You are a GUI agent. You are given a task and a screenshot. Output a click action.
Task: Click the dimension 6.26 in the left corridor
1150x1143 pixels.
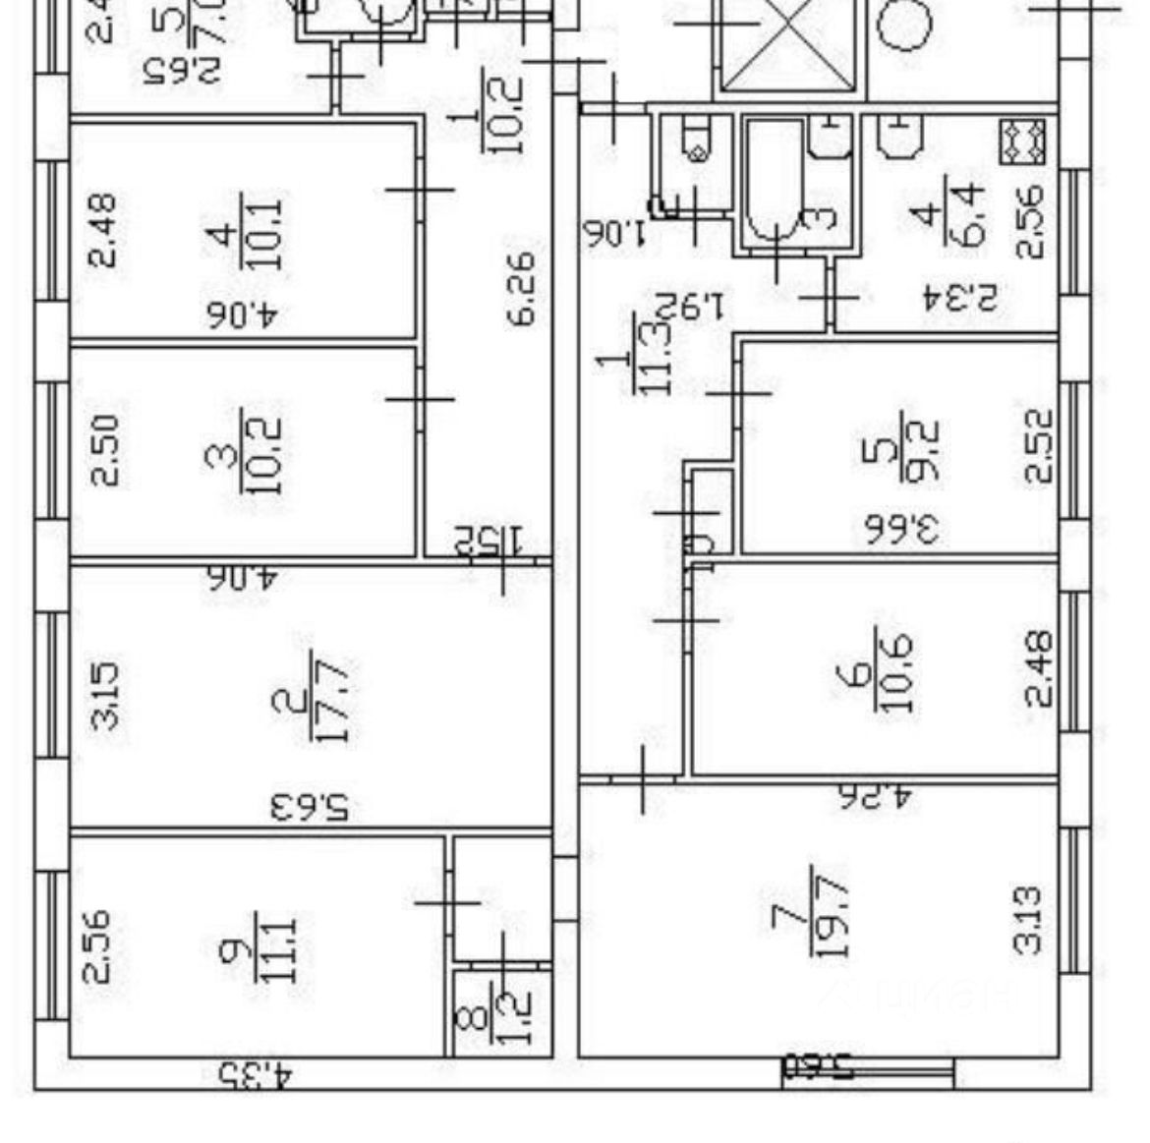point(521,288)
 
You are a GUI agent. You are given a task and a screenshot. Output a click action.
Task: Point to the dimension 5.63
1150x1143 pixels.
point(310,808)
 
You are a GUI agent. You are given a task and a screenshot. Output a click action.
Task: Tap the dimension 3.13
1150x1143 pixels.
point(1027,920)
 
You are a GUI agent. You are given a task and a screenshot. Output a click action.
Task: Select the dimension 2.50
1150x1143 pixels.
point(105,449)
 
